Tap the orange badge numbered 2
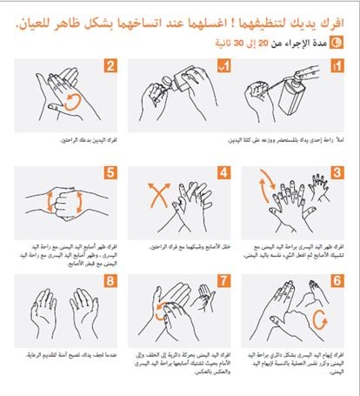(x=110, y=65)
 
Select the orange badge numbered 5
(x=110, y=172)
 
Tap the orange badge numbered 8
(x=110, y=281)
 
